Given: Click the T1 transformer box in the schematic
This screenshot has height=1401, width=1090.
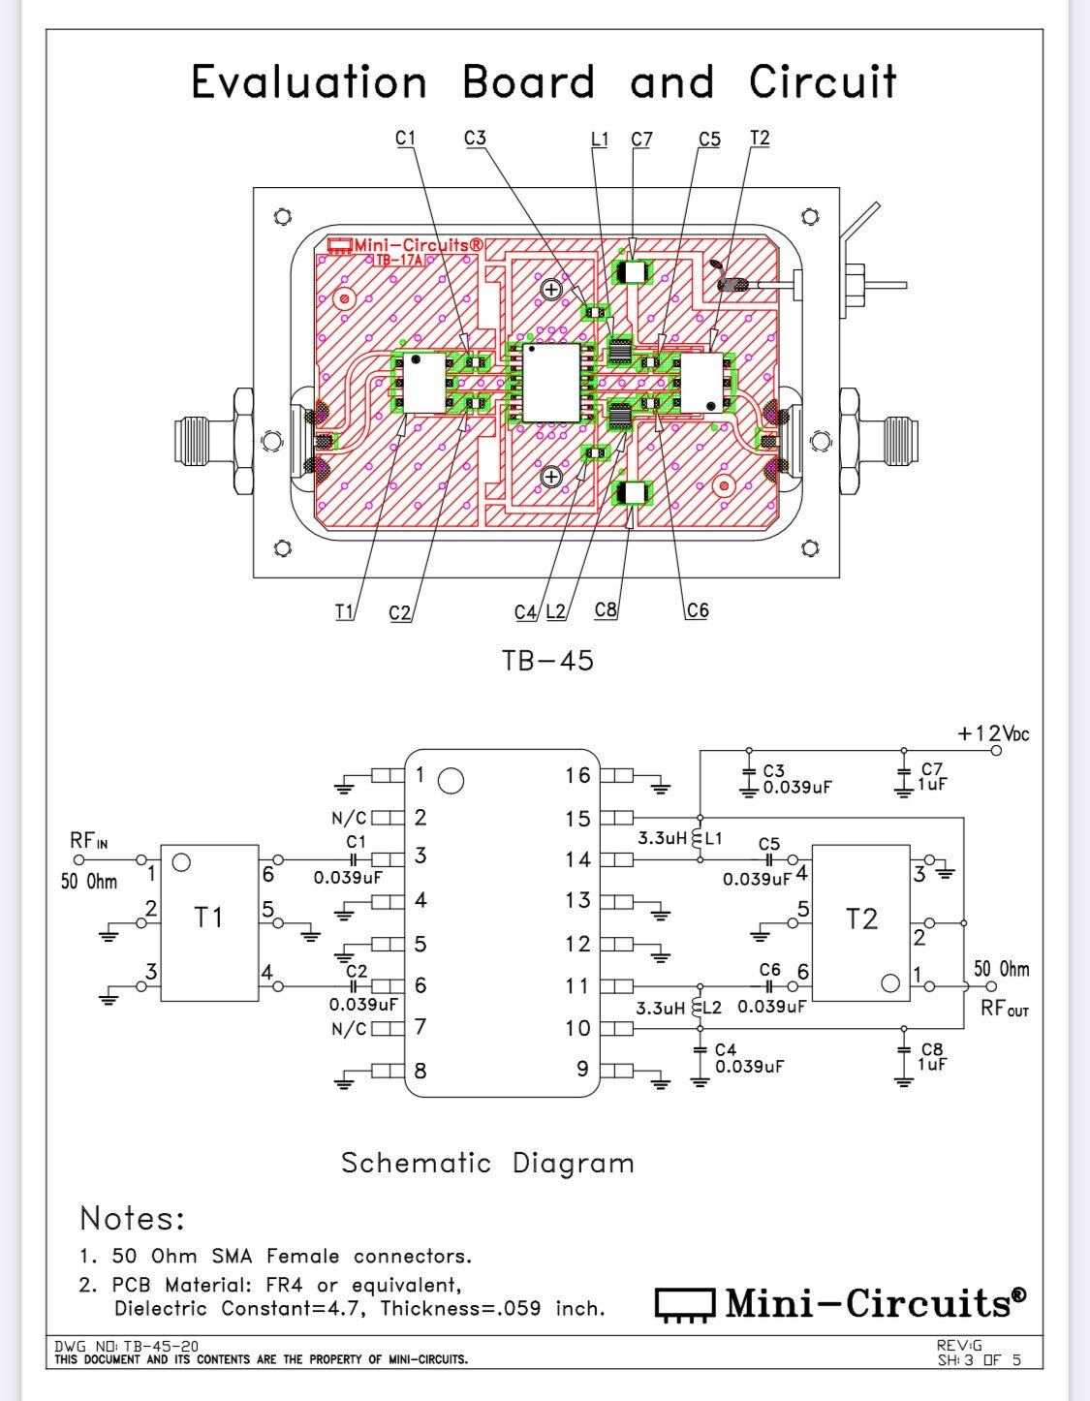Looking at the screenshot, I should tap(209, 921).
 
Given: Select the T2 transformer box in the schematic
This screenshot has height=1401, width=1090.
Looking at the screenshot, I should tap(860, 921).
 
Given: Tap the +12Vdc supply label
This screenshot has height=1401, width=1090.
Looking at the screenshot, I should tap(993, 733).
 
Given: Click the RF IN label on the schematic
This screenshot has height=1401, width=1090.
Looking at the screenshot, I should tap(88, 841).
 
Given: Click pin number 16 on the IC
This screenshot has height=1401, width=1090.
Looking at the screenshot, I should tap(577, 775).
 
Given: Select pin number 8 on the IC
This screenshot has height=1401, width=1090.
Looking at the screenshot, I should tap(420, 1071).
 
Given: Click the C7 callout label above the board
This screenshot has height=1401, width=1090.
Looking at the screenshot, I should tap(641, 140).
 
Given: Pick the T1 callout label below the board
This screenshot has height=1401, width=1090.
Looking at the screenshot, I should tap(344, 611).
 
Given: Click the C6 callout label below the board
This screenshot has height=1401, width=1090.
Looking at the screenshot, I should tap(698, 610).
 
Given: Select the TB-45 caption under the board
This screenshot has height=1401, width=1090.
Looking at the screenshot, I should tap(547, 661).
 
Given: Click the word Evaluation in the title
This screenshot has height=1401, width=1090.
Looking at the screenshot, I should tap(309, 82).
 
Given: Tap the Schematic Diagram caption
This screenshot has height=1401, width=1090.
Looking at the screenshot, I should tap(487, 1163).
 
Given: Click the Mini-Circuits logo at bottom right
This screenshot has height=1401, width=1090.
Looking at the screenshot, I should tap(840, 1303).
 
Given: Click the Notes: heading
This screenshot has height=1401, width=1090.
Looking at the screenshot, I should tap(132, 1218).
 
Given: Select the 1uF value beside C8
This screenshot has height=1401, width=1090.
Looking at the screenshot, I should tap(932, 1064).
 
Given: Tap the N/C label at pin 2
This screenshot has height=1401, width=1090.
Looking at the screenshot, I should tap(348, 819).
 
